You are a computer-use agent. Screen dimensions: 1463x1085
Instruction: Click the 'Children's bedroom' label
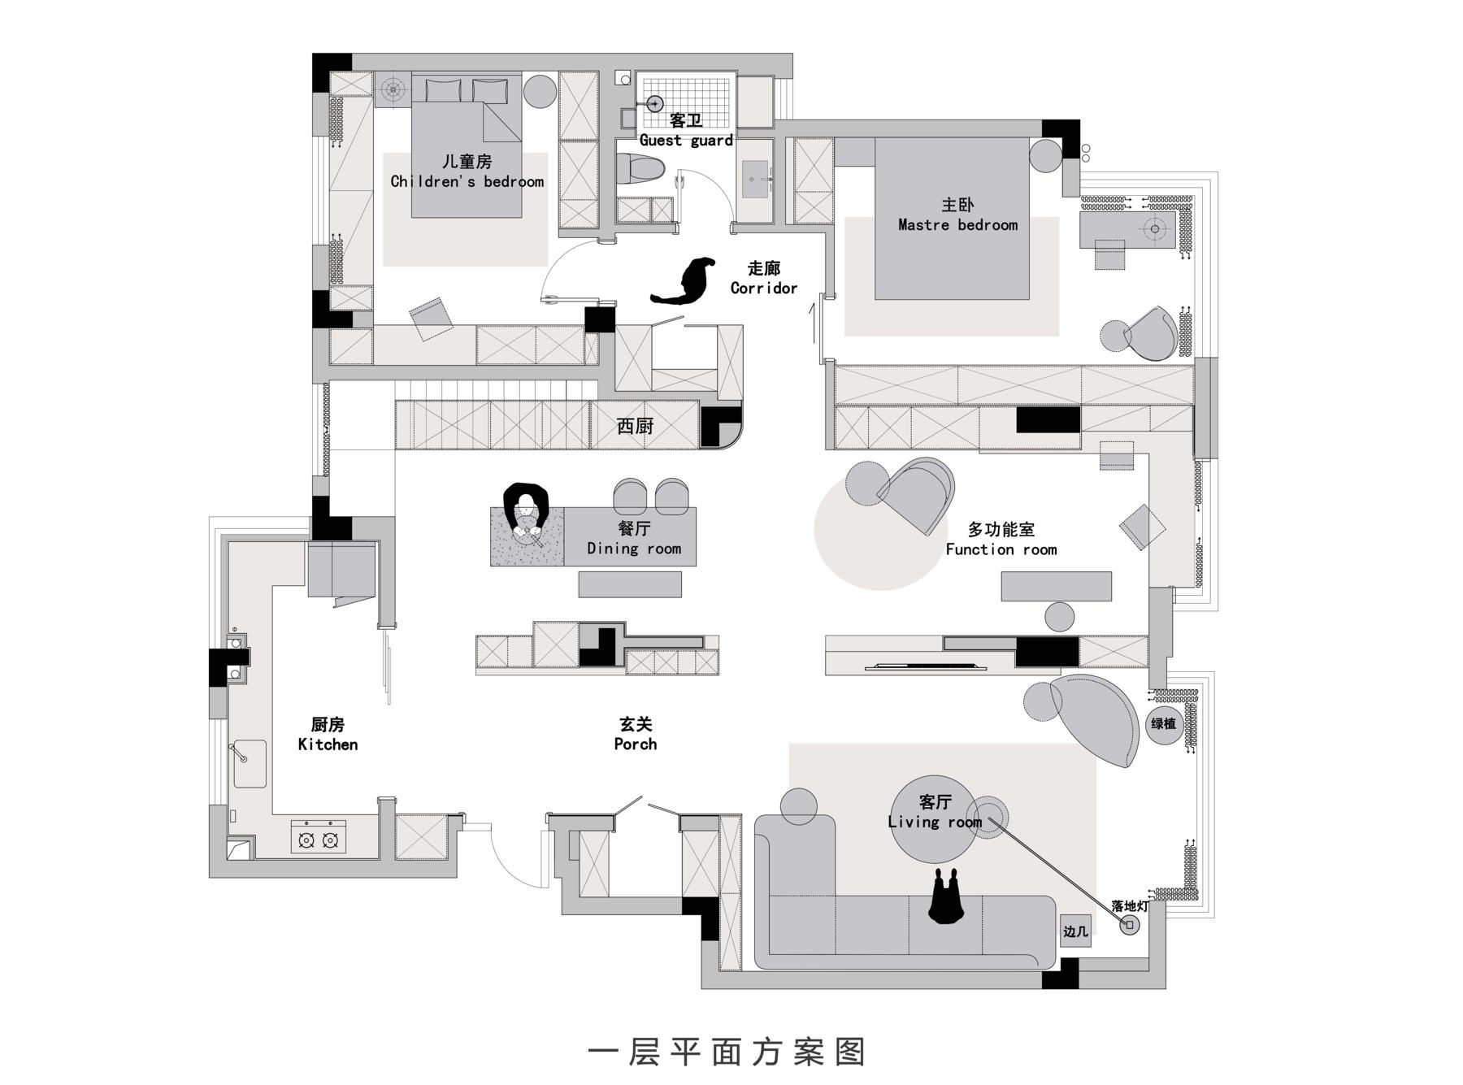tap(467, 181)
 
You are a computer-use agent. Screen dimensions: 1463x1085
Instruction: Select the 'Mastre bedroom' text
tap(957, 225)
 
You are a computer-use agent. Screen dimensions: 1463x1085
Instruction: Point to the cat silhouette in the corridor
tap(684, 281)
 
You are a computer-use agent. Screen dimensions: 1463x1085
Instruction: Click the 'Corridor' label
tap(764, 288)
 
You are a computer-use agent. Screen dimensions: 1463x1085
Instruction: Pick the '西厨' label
tap(635, 426)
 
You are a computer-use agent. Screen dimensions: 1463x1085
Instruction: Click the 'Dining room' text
tap(634, 549)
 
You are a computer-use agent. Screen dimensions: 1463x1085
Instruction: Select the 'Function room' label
tap(1001, 549)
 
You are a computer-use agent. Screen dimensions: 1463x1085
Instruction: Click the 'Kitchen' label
tap(328, 744)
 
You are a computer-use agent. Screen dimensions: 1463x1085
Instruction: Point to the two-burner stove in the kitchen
tap(319, 838)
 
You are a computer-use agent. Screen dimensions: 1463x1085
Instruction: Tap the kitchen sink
tap(250, 763)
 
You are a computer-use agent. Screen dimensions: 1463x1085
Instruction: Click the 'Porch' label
tap(636, 744)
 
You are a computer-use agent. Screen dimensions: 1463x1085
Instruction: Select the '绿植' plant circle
tap(1164, 723)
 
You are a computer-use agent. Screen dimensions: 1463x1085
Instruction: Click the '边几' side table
tap(1075, 931)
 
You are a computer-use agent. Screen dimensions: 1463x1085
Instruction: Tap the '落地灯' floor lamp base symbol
tap(1130, 925)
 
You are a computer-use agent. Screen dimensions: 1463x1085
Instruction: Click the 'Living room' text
tap(935, 822)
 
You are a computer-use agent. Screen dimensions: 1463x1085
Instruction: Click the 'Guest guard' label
tap(686, 140)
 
